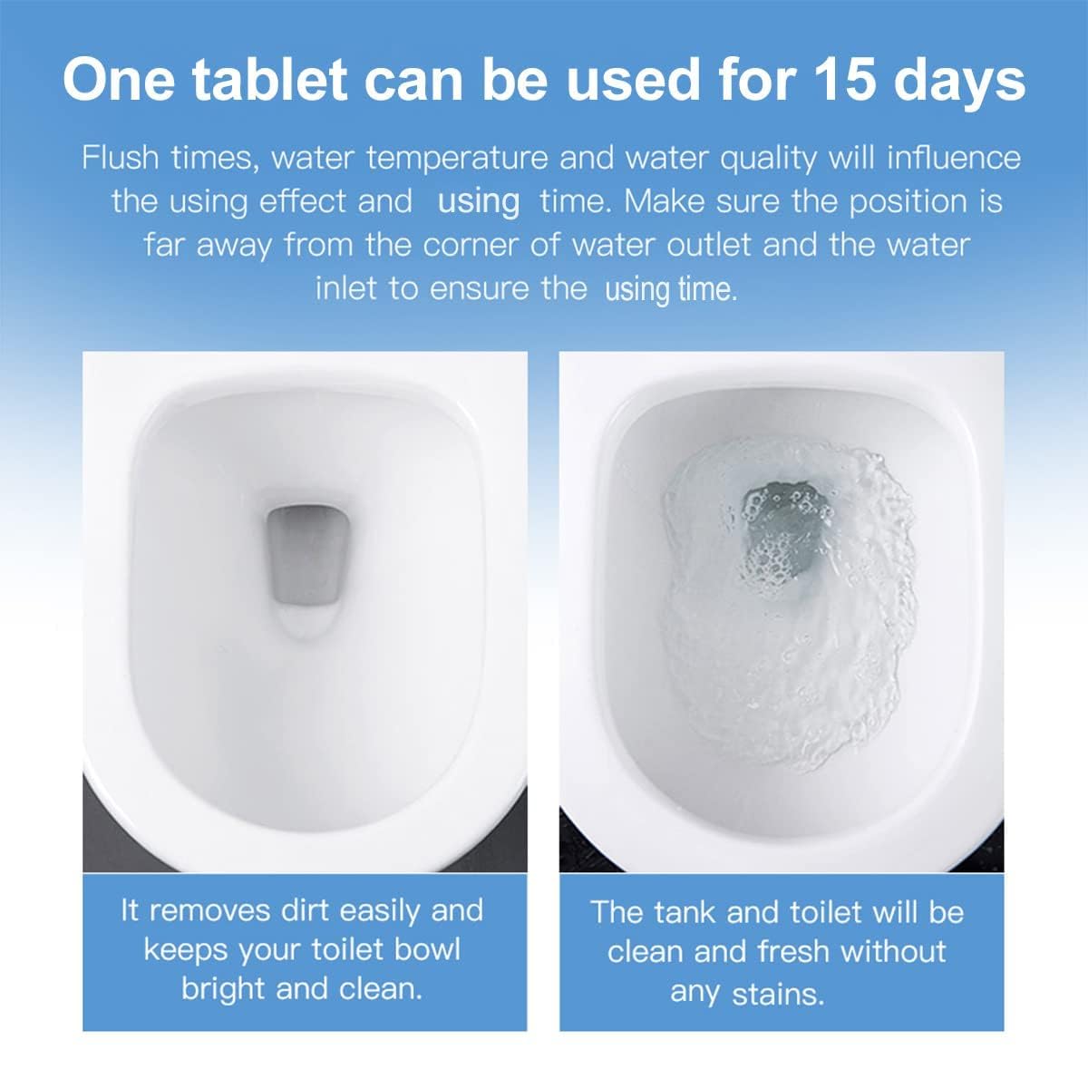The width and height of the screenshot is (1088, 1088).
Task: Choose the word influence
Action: click(x=954, y=158)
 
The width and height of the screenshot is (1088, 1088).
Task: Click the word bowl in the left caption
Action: click(x=428, y=949)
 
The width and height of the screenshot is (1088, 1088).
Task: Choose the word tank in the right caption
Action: click(x=685, y=912)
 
